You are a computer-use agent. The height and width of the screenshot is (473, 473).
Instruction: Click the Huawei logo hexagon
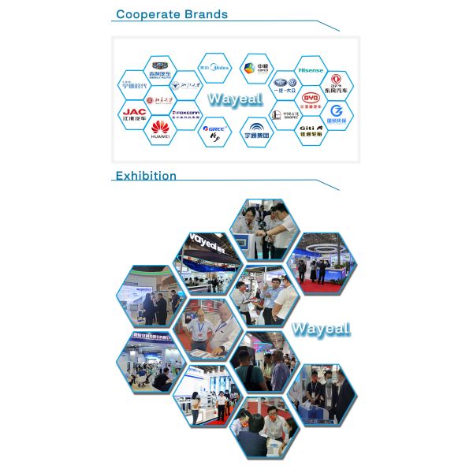click(x=160, y=128)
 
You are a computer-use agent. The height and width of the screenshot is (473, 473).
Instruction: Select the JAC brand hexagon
click(x=135, y=113)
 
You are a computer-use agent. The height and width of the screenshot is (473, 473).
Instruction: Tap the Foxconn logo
click(x=187, y=113)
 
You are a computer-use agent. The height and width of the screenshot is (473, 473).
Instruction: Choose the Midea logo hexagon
click(x=214, y=69)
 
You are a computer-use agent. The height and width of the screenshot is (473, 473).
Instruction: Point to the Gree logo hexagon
click(x=214, y=128)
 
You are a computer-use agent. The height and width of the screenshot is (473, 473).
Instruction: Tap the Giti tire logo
click(x=310, y=128)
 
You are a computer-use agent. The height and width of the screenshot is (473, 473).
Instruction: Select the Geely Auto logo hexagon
click(x=160, y=69)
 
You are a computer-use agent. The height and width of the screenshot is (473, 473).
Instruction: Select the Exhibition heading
click(x=146, y=176)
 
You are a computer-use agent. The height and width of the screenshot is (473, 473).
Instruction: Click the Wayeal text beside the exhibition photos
click(x=320, y=329)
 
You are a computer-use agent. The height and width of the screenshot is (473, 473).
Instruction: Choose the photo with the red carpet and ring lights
click(x=320, y=262)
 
